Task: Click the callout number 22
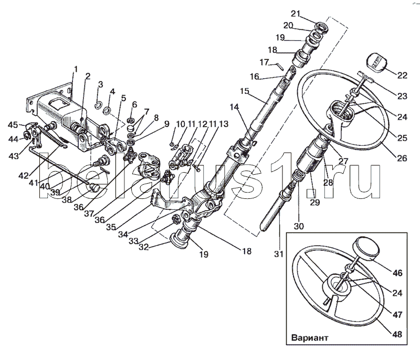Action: (x=402, y=75)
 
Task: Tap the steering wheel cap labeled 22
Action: (x=376, y=62)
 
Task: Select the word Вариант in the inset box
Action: (x=310, y=337)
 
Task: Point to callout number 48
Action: (x=397, y=334)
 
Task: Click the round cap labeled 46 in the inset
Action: (x=367, y=248)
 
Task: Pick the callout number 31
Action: (x=279, y=254)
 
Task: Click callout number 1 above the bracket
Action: (x=76, y=69)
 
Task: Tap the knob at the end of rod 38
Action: (x=94, y=187)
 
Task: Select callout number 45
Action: (x=13, y=125)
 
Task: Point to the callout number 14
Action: (x=234, y=107)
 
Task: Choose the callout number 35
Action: (x=111, y=227)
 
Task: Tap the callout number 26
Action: (x=402, y=158)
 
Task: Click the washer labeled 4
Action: (x=107, y=110)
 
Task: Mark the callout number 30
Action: (x=299, y=226)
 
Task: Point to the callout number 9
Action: (x=166, y=124)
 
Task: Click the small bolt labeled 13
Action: (x=196, y=167)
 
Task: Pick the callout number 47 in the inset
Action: (x=397, y=315)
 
